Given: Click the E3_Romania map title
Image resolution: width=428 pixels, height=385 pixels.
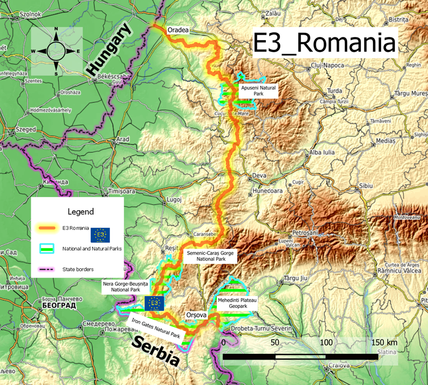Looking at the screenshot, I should click(x=325, y=44).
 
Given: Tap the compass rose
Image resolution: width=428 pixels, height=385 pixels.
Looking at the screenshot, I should click(x=56, y=51).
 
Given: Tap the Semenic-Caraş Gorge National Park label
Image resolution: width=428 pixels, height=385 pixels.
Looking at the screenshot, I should click(x=210, y=256).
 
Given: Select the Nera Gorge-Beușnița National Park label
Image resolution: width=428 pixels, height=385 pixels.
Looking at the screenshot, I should click(x=125, y=287).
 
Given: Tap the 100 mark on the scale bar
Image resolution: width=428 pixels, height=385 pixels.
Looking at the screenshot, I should click(x=326, y=343).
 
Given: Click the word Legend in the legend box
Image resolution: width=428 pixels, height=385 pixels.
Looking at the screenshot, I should click(x=81, y=212).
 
